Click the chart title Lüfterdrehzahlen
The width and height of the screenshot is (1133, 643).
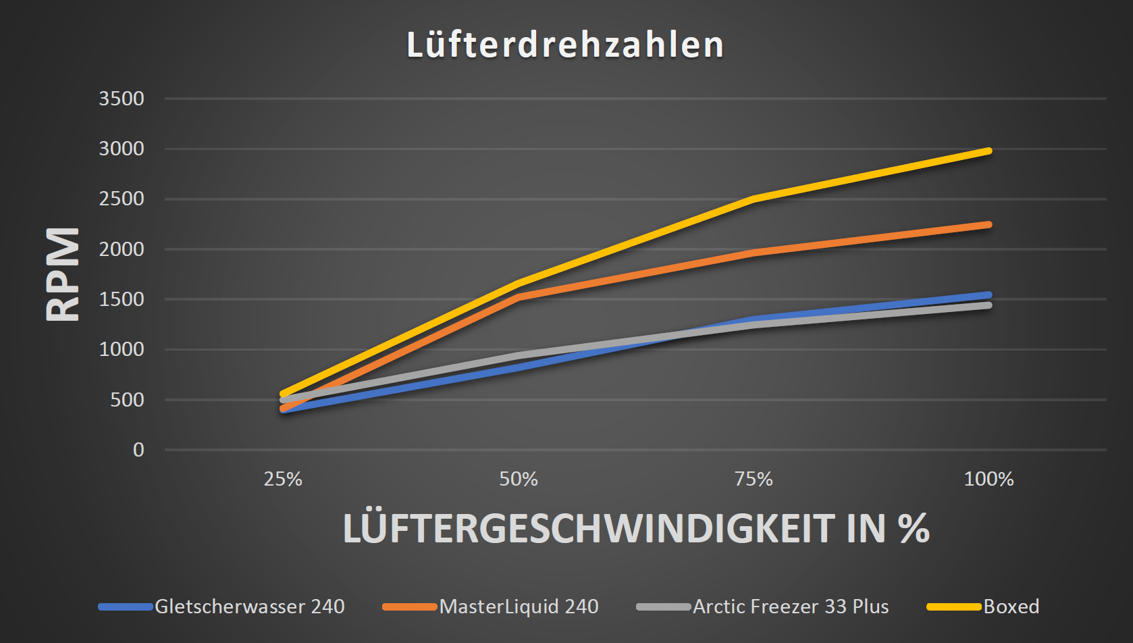[565, 45]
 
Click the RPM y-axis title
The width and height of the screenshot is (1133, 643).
[63, 274]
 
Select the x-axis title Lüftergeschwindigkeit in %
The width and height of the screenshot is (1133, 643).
[636, 528]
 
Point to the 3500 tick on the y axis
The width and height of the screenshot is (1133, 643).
[122, 99]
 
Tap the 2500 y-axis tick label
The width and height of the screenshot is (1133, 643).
[122, 199]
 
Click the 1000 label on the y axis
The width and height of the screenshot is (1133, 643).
[122, 349]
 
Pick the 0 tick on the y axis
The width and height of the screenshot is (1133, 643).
[138, 450]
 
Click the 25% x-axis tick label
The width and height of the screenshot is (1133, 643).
[283, 480]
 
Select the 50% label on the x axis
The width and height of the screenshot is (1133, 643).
[519, 480]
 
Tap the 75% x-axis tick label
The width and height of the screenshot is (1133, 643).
[754, 480]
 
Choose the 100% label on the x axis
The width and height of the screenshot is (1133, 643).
[989, 480]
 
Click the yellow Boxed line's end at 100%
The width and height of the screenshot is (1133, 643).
[989, 151]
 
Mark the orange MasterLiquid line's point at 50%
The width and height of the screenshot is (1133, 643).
[519, 297]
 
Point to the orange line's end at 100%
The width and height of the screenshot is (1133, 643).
[989, 224]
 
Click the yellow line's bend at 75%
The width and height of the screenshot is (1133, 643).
[754, 199]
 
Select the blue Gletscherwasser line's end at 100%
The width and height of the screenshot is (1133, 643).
[989, 295]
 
